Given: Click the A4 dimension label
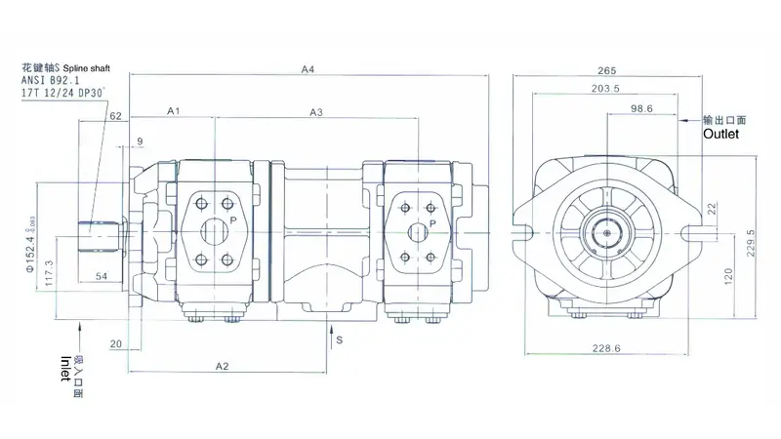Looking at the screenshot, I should pos(308,68).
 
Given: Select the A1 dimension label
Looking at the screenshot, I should pos(173,112).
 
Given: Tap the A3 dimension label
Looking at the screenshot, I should pos(316,112).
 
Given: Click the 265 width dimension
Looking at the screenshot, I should pos(607,69).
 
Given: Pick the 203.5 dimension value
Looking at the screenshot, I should pos(605,90).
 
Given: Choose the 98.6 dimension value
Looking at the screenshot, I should pos(641,108).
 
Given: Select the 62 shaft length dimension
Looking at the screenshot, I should pos(115,117).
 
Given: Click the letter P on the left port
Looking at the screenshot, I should pos(234,220).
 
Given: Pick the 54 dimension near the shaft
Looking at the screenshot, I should pos(102,277).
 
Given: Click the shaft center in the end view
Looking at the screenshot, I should pos(607,232).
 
